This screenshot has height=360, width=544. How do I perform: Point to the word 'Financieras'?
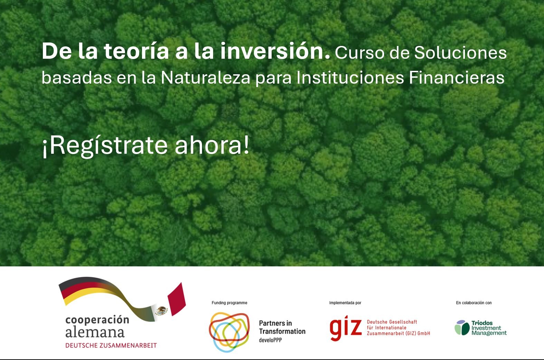(456, 78)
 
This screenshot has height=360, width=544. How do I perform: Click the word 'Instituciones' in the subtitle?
(350, 78)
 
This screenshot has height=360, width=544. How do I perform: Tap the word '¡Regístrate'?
(105, 146)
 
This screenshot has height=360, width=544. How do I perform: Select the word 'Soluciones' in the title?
(460, 53)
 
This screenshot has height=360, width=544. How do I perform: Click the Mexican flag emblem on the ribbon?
(161, 310)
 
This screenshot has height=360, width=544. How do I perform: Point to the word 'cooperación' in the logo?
(97, 320)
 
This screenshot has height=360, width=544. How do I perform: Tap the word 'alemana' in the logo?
(95, 332)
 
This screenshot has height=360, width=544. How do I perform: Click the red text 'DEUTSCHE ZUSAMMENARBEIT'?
(111, 345)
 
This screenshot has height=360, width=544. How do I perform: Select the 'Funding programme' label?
(229, 303)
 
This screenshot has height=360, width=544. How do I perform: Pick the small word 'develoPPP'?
(270, 340)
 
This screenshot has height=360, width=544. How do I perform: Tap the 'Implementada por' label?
(345, 303)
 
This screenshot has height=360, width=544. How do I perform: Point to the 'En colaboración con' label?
(474, 303)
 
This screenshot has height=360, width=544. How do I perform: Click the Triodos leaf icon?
(462, 328)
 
